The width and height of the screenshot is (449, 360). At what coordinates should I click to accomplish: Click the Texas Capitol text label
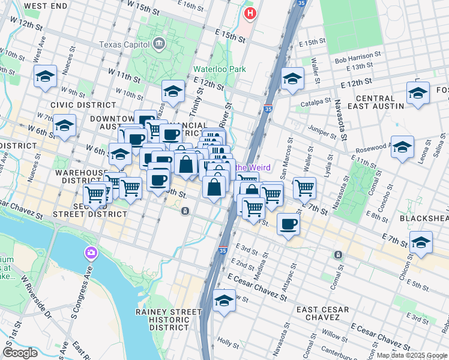125,44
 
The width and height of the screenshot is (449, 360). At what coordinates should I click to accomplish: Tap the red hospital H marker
249,12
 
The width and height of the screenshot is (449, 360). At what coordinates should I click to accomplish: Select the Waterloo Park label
219,69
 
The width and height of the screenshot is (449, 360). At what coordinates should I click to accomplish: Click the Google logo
20,352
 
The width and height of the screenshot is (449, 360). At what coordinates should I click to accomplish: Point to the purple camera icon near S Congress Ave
91,253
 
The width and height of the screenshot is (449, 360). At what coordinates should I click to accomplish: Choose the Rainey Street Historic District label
169,320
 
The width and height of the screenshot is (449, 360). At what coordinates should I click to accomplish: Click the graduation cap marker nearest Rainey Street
224,300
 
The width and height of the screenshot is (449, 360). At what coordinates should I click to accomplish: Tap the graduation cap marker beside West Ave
46,76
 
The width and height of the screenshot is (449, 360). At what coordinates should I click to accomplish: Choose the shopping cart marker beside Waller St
304,188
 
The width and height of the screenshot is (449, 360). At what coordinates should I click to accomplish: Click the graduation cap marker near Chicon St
421,242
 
